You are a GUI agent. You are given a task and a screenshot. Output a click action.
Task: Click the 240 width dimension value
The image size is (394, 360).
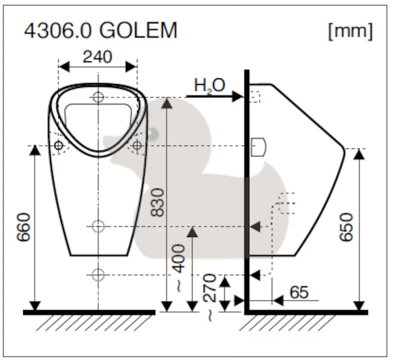click(x=98, y=57)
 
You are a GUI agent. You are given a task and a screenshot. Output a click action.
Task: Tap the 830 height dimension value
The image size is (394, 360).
click(x=157, y=202)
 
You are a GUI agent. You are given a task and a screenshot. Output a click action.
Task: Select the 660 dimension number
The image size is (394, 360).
click(x=23, y=228)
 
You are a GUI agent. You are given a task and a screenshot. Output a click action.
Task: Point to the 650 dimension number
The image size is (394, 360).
click(x=346, y=227)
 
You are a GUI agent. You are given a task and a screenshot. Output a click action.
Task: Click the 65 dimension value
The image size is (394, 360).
click(x=299, y=292)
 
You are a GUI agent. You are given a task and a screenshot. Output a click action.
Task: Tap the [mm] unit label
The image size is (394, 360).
click(x=351, y=31)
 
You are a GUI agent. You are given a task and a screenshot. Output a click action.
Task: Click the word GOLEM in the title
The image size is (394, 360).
click(x=139, y=31)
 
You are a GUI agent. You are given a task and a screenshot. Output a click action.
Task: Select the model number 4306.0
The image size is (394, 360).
click(x=58, y=31)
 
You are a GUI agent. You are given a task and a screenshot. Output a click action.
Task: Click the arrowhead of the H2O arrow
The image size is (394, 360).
click(x=237, y=97)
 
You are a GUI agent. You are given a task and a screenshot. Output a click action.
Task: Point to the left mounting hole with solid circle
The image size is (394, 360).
click(x=59, y=145)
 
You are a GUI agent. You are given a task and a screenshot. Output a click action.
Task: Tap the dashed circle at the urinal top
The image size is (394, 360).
click(x=98, y=97)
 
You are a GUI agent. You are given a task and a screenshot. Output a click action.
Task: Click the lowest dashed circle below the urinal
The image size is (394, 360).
click(x=98, y=274)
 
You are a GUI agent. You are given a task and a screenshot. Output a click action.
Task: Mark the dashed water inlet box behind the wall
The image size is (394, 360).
click(x=255, y=97)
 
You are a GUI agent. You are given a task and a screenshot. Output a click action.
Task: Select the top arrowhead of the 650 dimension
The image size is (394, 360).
click(x=359, y=154)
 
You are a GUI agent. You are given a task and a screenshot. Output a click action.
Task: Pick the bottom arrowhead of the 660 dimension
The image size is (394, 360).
click(x=35, y=306)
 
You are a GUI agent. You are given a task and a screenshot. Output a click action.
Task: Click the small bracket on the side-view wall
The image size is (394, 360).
click(x=258, y=147)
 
